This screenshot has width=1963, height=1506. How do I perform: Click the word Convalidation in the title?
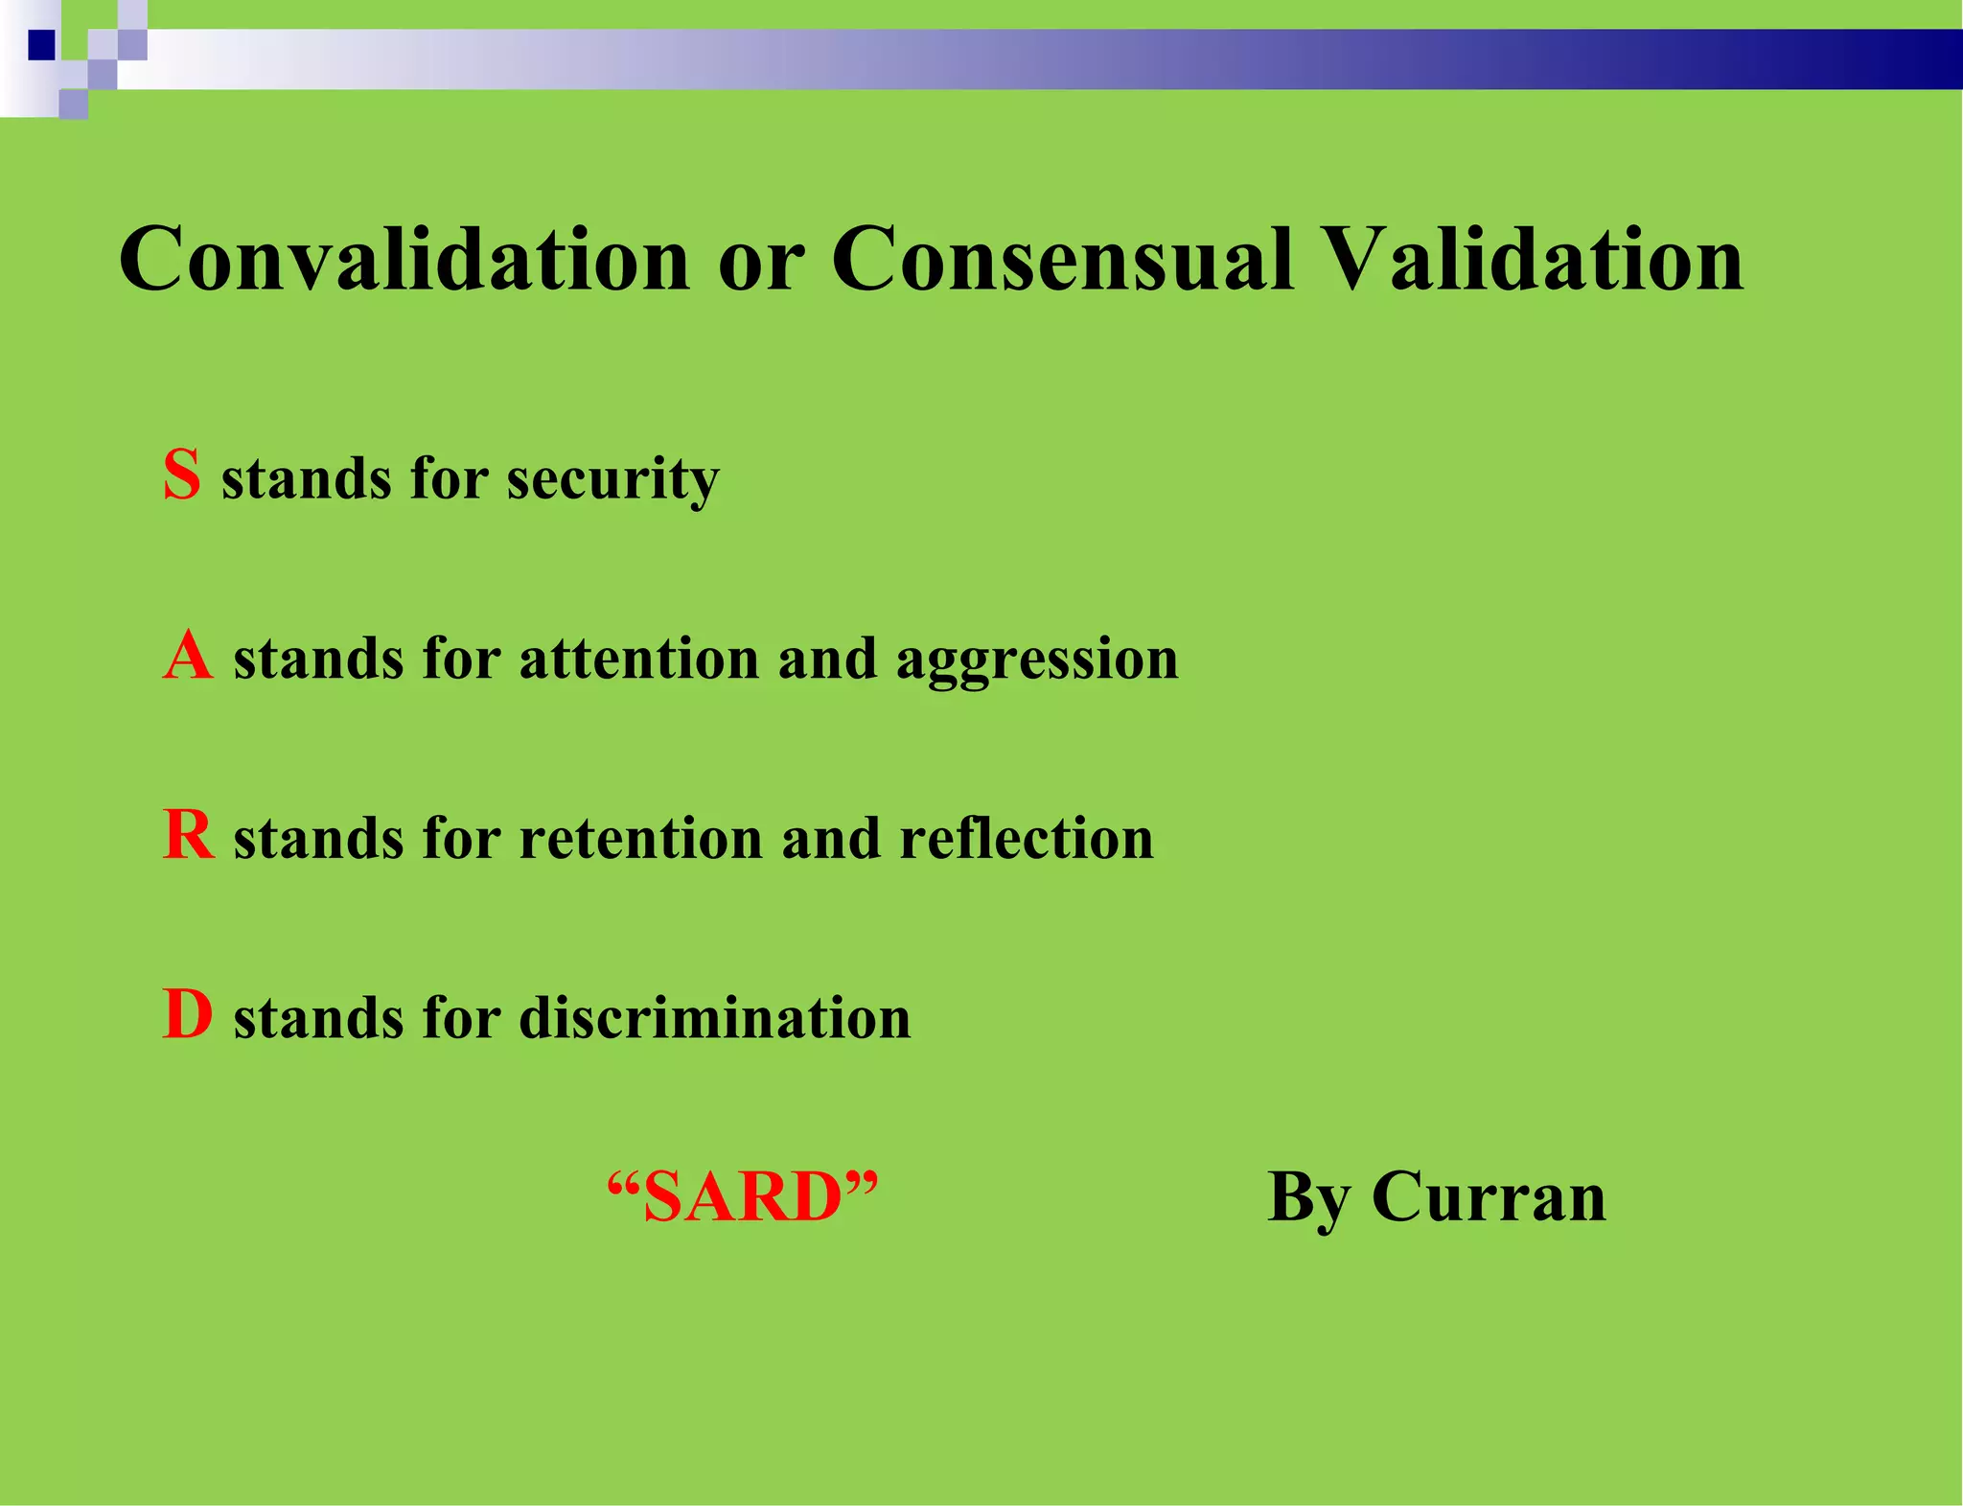click(404, 259)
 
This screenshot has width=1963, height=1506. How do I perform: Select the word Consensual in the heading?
click(1062, 259)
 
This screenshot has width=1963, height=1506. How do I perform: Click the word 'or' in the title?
click(760, 264)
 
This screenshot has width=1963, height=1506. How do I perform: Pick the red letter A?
click(188, 657)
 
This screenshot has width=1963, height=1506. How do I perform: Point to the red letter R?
click(188, 835)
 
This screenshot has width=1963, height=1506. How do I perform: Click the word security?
click(612, 479)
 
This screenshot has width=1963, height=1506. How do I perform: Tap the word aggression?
click(1037, 661)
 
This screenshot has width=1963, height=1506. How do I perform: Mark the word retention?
click(639, 839)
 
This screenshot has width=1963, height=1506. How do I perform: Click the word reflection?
click(1027, 839)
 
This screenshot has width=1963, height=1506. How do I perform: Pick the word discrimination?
click(715, 1018)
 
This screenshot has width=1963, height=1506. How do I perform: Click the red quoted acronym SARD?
click(743, 1197)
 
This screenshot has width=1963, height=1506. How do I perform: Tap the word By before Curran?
click(1308, 1197)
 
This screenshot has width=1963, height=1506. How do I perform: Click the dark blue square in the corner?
click(41, 45)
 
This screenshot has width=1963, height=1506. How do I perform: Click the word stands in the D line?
click(318, 1018)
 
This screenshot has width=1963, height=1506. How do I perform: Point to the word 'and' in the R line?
click(831, 839)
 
